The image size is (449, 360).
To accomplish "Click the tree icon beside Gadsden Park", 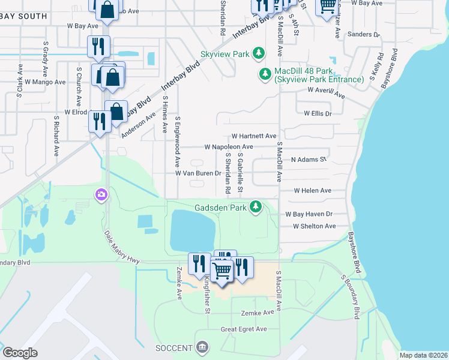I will [256, 207].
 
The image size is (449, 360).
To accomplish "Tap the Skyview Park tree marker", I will [259, 54].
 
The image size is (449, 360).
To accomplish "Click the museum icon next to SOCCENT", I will [203, 347].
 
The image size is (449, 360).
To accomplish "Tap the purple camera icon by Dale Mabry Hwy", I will [101, 194].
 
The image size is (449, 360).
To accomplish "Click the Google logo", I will [20, 352].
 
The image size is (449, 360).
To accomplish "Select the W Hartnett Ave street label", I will [254, 136].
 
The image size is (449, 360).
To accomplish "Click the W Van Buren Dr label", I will [199, 173].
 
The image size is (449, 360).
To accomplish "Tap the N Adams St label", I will [308, 160].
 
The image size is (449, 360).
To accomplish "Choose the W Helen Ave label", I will [312, 190].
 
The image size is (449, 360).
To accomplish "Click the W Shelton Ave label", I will [314, 226].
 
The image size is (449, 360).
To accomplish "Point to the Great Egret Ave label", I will [244, 329].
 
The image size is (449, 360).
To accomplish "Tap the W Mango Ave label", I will [46, 82].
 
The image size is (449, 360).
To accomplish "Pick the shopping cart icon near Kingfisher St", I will [222, 271].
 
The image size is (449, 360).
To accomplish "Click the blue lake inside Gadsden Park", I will [192, 231].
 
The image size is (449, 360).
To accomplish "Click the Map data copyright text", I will [423, 355].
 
